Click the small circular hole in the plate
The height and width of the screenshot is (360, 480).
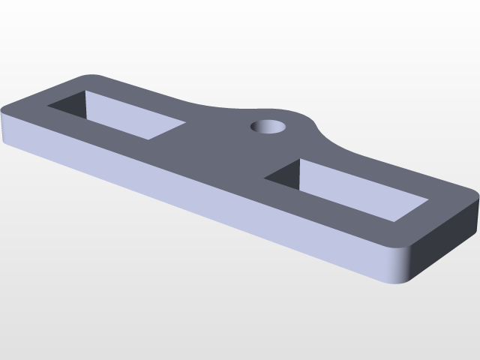coord(268,126)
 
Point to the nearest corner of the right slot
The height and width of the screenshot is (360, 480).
coord(394,222)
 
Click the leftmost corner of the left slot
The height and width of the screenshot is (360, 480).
coord(48,106)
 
